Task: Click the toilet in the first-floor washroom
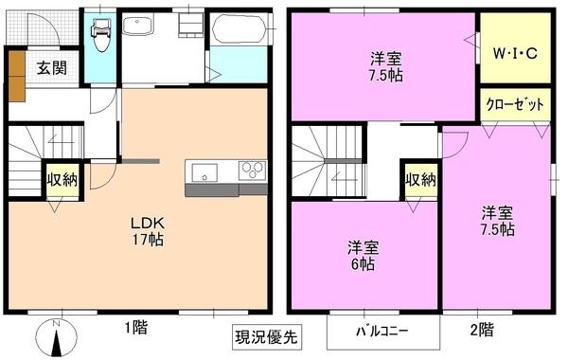(x=99, y=34)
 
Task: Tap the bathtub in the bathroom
(x=237, y=30)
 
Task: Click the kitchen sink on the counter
(x=204, y=171)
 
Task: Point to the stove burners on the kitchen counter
(x=253, y=171)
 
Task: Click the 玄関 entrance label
(x=52, y=68)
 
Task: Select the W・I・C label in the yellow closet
(x=515, y=53)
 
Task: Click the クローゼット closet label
(x=516, y=105)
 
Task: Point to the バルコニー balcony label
(x=382, y=332)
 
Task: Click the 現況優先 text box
(x=265, y=335)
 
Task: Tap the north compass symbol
(x=57, y=337)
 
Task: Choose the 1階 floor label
(x=133, y=329)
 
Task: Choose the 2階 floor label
(x=481, y=329)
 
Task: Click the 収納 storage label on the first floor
(x=62, y=179)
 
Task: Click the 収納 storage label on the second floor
(x=420, y=179)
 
